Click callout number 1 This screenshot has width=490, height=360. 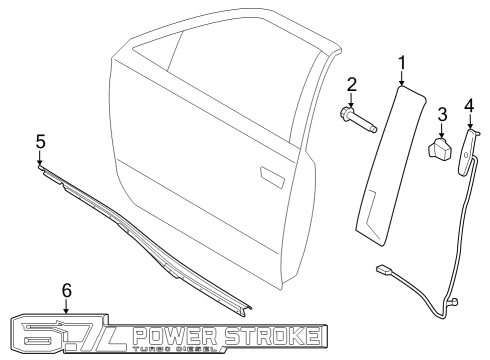(401, 65)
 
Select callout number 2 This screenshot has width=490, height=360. (352, 83)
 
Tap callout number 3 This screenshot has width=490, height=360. (440, 117)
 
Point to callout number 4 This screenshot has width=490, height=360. (469, 103)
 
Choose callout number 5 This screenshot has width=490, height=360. (40, 140)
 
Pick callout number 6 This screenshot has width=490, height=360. (67, 290)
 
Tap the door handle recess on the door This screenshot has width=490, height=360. (270, 176)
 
